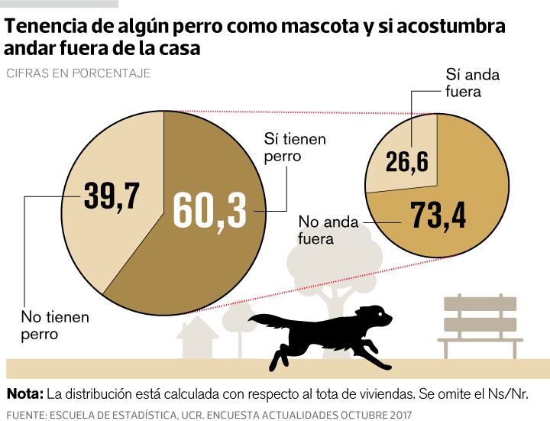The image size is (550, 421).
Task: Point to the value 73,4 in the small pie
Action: click(438, 215)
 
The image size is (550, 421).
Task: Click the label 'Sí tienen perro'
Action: click(294, 147)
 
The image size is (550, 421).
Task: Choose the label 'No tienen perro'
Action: click(54, 325)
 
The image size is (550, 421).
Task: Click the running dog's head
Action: click(374, 315)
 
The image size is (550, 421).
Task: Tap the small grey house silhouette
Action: click(197, 339)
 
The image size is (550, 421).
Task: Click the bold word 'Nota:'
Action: click(24, 394)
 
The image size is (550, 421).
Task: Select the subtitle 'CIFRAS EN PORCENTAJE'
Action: click(78, 73)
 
